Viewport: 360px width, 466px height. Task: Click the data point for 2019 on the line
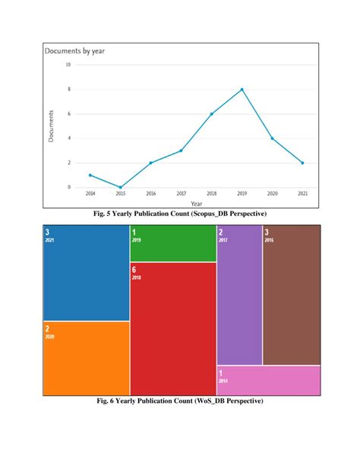242,90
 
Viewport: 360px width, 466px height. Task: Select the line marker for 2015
120,187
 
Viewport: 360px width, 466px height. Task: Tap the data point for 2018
211,114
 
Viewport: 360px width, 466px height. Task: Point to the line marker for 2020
272,138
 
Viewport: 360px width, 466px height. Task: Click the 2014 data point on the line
90,175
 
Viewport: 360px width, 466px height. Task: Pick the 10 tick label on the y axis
68,65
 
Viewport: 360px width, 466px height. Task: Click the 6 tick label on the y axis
69,114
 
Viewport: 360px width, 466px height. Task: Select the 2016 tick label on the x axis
150,195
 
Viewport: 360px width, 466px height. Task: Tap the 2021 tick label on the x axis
302,195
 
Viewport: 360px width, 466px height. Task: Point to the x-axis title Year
196,203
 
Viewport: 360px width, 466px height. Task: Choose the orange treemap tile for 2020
85,357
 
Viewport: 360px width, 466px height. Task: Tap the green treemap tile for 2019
173,243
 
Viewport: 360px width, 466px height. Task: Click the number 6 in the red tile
134,269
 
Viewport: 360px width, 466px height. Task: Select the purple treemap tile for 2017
239,296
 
